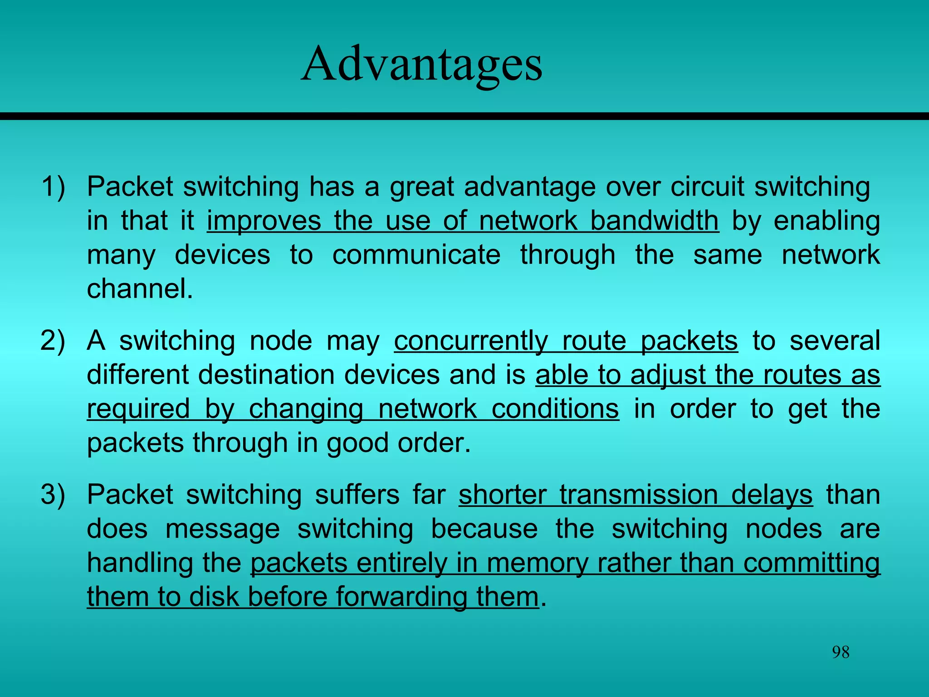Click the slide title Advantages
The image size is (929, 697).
(421, 64)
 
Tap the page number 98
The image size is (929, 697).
(841, 652)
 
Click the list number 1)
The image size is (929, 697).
(53, 187)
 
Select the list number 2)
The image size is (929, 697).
(53, 341)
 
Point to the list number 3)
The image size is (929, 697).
(53, 495)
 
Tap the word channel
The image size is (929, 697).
(140, 289)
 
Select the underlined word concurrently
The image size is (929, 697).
(471, 341)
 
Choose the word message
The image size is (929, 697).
(222, 529)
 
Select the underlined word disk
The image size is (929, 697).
(213, 597)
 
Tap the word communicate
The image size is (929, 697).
(416, 255)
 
